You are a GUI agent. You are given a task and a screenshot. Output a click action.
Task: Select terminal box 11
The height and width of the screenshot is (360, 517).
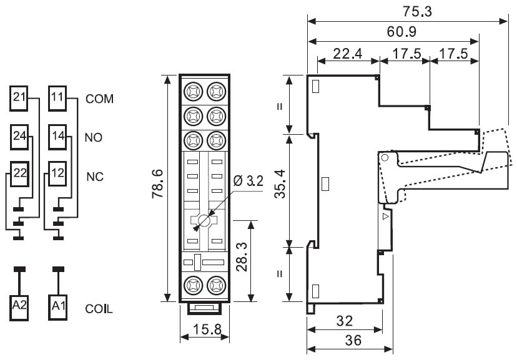pos(57,97)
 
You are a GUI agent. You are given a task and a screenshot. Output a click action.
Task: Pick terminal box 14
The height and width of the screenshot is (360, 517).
pos(57,135)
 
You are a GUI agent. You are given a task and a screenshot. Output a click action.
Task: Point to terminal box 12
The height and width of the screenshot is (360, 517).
pos(57,173)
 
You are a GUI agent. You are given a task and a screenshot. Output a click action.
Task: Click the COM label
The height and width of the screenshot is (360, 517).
pos(101,99)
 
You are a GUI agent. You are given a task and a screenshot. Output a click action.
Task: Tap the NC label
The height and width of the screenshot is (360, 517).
pos(94,176)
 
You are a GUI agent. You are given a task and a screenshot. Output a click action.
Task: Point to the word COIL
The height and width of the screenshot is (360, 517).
pos(99,308)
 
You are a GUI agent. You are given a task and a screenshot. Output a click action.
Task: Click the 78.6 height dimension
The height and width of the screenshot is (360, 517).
pos(159,188)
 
